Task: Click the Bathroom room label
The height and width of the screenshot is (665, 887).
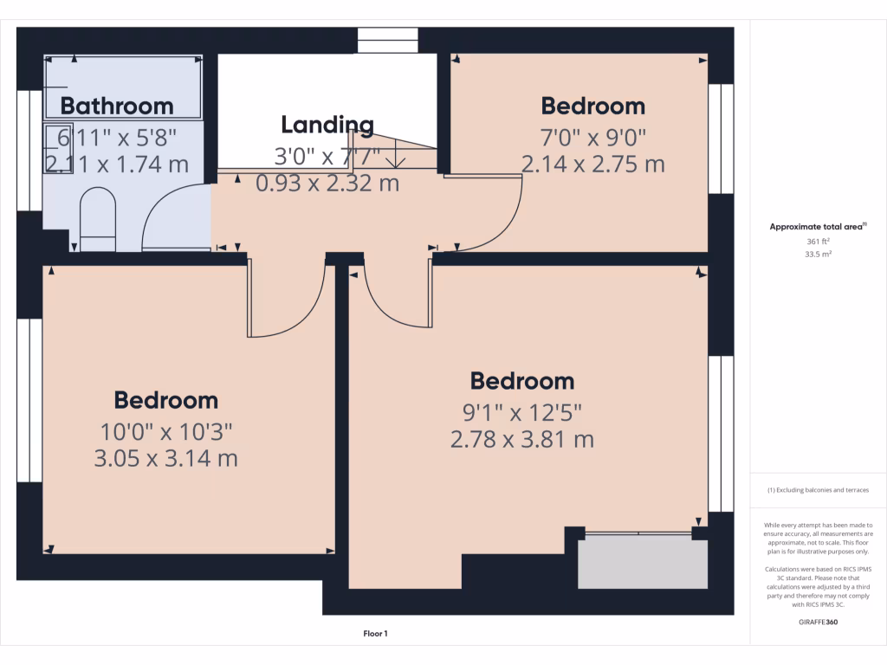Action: pos(117,107)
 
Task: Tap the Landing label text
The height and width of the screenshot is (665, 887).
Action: pos(327,125)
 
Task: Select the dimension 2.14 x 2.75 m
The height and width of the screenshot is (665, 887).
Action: pos(592,164)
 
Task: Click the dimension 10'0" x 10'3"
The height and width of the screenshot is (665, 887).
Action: pos(165,430)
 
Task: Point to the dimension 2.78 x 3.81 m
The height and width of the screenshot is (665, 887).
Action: pos(521,439)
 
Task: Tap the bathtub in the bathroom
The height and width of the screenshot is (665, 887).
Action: pos(123,87)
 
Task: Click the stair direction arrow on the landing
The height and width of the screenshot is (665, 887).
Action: pos(395,156)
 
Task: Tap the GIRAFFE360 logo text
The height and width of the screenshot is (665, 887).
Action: pos(818,623)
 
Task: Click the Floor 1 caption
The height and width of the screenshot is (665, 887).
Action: pos(375,635)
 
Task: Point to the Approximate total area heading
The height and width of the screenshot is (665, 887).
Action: pos(817,227)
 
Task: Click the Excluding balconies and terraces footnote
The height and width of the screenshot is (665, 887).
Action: pos(818,490)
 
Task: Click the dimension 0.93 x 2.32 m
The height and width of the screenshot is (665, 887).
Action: pos(327,183)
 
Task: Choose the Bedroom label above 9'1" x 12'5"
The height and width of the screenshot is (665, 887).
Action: pos(521,381)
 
